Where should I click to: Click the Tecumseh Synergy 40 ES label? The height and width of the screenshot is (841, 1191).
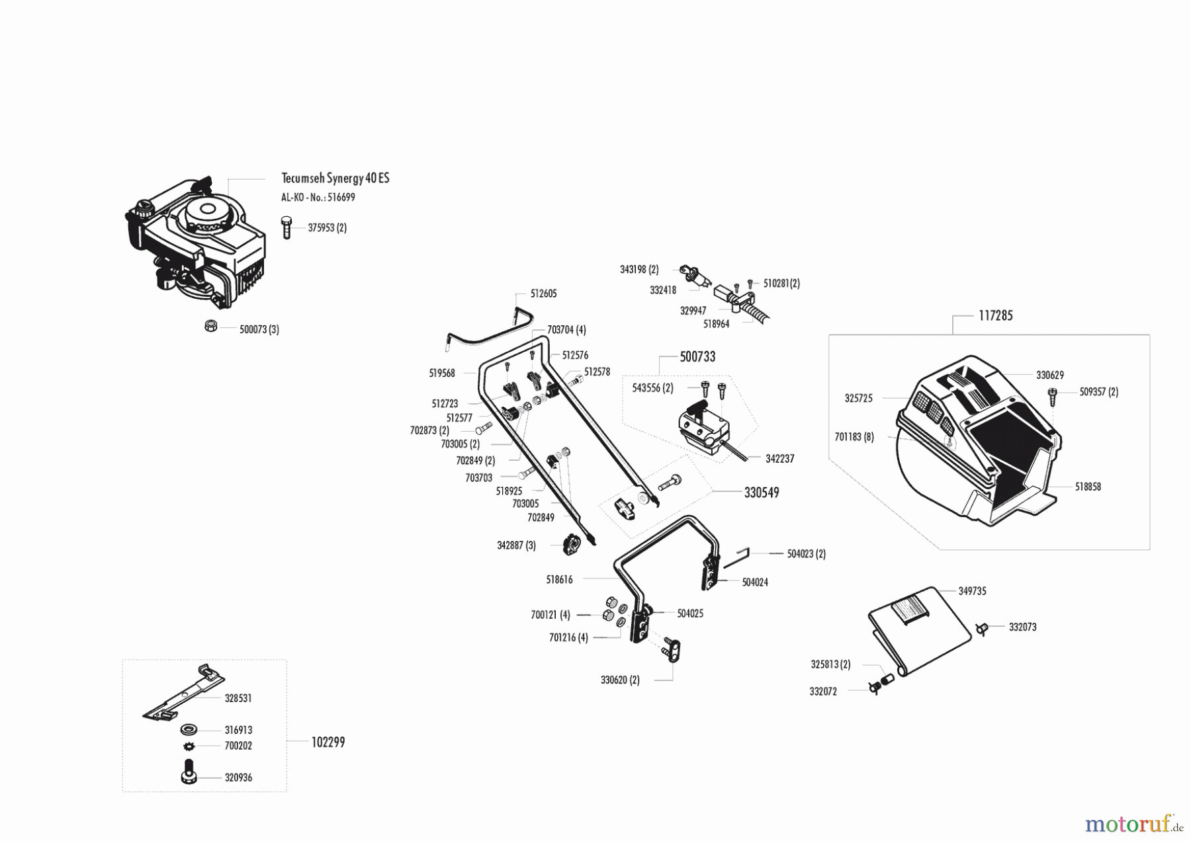click(x=335, y=179)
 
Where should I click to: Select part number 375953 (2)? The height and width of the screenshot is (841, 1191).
click(x=327, y=228)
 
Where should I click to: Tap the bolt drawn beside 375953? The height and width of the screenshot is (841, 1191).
click(x=287, y=227)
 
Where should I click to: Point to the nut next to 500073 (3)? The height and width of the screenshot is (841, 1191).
click(x=211, y=326)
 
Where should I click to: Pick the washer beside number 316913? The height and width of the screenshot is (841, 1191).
click(x=189, y=731)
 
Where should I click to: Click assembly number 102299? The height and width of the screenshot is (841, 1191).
click(x=328, y=742)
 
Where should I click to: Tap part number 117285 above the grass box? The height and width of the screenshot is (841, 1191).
click(x=995, y=316)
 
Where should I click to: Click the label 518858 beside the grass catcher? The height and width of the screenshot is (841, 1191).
click(x=1088, y=487)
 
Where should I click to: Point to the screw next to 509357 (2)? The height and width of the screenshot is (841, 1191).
click(x=1053, y=396)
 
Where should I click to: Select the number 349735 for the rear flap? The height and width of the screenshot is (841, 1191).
click(x=972, y=592)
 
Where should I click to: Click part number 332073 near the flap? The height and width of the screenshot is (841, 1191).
click(x=1022, y=627)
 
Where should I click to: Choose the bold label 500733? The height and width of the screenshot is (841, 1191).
click(x=697, y=357)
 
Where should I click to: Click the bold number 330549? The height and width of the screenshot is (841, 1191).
click(x=761, y=493)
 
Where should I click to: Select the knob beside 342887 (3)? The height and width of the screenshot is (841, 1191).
click(x=571, y=545)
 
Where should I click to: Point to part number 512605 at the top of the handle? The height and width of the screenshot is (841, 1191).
click(x=543, y=294)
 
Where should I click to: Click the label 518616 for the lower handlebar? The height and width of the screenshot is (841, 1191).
click(x=559, y=580)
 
